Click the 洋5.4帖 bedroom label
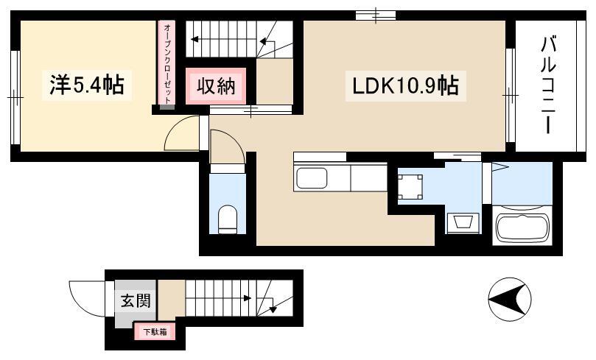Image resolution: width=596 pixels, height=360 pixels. pyautogui.click(x=87, y=85)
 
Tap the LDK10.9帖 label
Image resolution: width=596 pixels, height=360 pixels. pyautogui.click(x=405, y=86)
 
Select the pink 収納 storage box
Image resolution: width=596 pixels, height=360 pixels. pyautogui.click(x=216, y=86)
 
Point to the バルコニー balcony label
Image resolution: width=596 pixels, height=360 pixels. pyautogui.click(x=547, y=85)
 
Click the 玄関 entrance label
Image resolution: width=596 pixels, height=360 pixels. pyautogui.click(x=136, y=301)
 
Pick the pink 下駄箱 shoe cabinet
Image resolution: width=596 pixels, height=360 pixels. pyautogui.click(x=155, y=332)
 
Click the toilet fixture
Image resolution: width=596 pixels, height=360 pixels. pyautogui.click(x=228, y=219)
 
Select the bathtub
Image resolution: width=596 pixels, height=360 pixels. pyautogui.click(x=522, y=227)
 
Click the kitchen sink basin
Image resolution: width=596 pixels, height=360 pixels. pyautogui.click(x=312, y=178)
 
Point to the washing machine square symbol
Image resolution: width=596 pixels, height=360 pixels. pyautogui.click(x=410, y=186)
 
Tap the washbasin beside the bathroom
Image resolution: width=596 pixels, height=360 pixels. pyautogui.click(x=461, y=222)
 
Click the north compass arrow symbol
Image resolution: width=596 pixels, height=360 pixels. pyautogui.click(x=509, y=298)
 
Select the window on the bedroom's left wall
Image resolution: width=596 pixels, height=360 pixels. pyautogui.click(x=15, y=98)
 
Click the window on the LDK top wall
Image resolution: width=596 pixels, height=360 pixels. pyautogui.click(x=376, y=15)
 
